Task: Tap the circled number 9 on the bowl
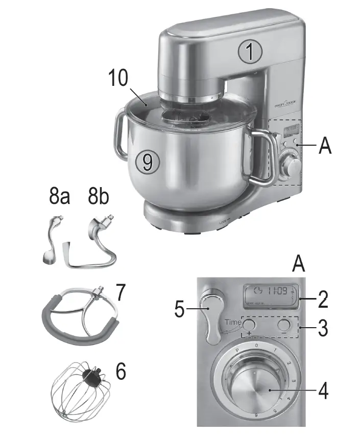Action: (x=148, y=163)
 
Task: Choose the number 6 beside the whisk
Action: (x=121, y=372)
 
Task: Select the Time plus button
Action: (x=249, y=325)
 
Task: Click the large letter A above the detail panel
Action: (x=301, y=265)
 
